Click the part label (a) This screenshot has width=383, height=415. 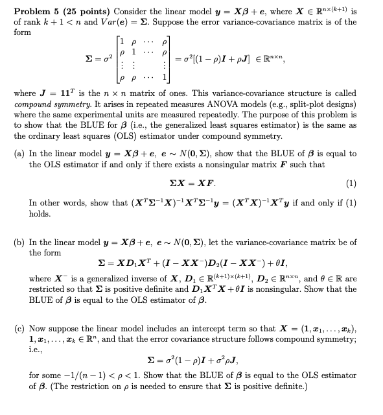[x=20, y=154]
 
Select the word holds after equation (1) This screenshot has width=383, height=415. [x=40, y=213]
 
